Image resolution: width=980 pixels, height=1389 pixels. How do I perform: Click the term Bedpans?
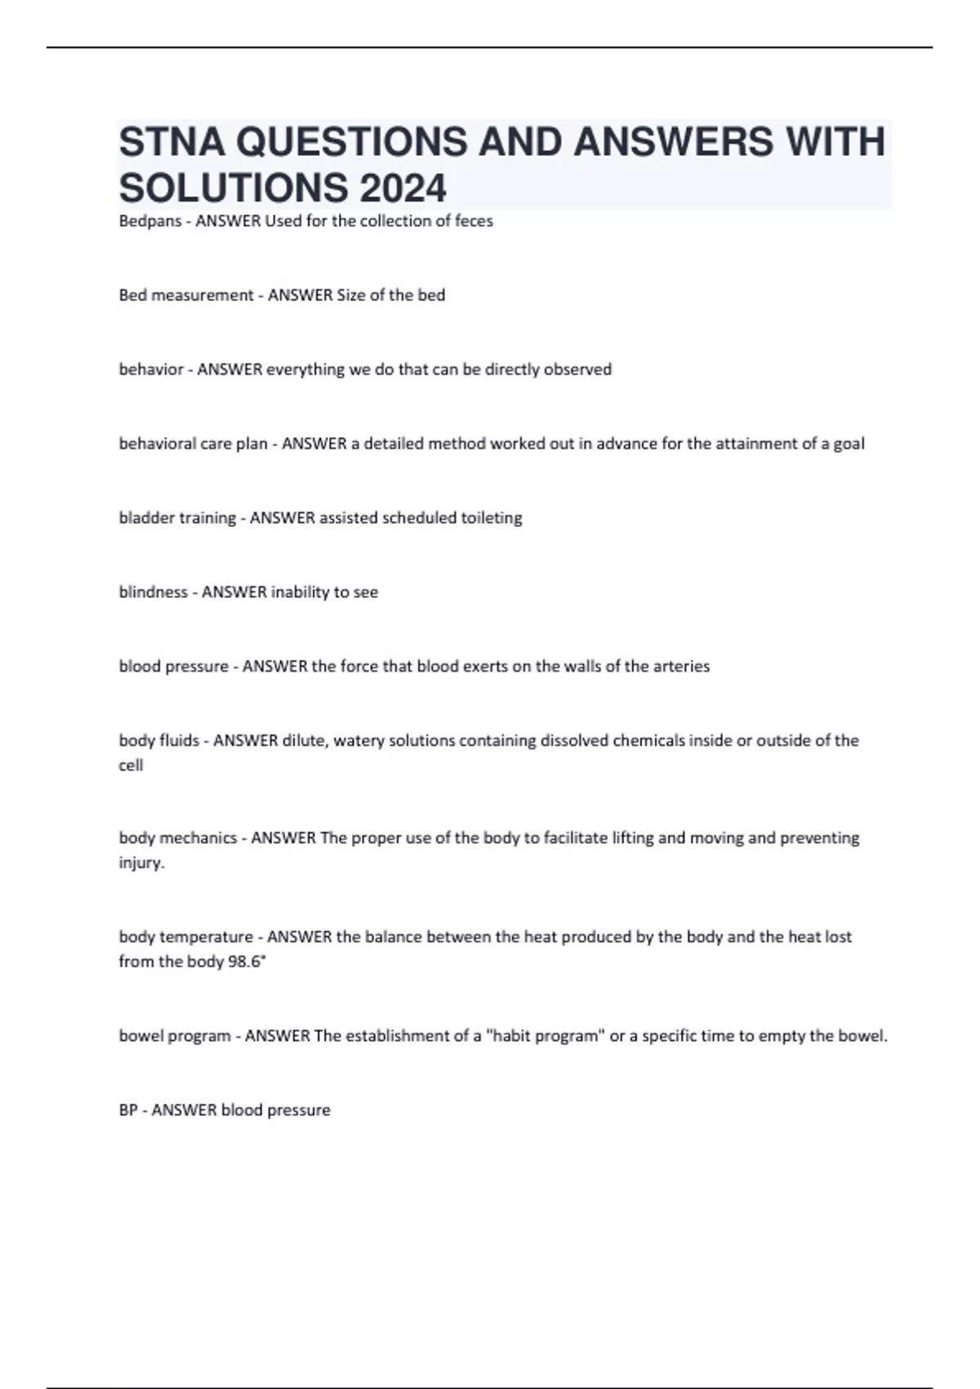(150, 221)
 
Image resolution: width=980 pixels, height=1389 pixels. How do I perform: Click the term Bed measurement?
(186, 295)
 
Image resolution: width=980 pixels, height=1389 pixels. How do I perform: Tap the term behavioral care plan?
(194, 444)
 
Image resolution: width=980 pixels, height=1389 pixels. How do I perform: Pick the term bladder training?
(177, 518)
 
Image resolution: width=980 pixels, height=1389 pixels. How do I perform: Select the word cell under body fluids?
(131, 766)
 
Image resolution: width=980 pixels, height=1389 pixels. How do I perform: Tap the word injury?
(140, 863)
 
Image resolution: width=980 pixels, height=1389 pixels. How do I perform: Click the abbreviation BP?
(128, 1110)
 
